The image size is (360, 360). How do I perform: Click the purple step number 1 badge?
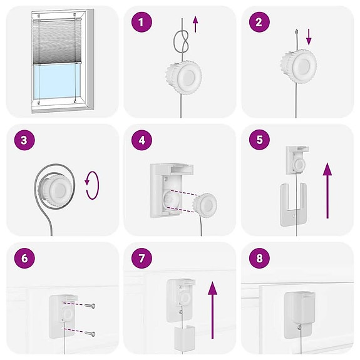141,23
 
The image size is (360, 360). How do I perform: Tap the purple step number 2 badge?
259,23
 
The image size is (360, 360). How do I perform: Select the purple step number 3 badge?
23,141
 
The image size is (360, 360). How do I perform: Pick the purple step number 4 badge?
141,141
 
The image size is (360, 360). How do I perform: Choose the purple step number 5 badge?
259,141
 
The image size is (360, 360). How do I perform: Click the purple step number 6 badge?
23,259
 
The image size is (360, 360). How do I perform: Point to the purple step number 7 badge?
141,259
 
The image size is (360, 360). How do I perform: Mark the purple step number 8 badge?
259,259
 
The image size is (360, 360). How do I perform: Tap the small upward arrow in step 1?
195,24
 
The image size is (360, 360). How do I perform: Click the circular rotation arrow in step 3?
92,187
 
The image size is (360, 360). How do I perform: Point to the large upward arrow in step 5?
327,190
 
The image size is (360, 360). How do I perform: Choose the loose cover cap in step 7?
183,339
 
